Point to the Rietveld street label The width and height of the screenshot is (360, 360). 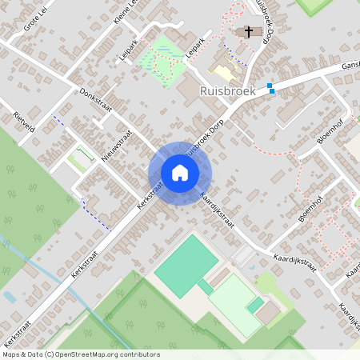pyautogui.click(x=25, y=123)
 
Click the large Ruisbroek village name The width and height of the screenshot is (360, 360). pyautogui.click(x=227, y=91)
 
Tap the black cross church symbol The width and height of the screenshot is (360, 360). pyautogui.click(x=249, y=32)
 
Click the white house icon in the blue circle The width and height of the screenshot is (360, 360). pyautogui.click(x=180, y=173)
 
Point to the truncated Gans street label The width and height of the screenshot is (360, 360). pyautogui.click(x=350, y=66)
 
